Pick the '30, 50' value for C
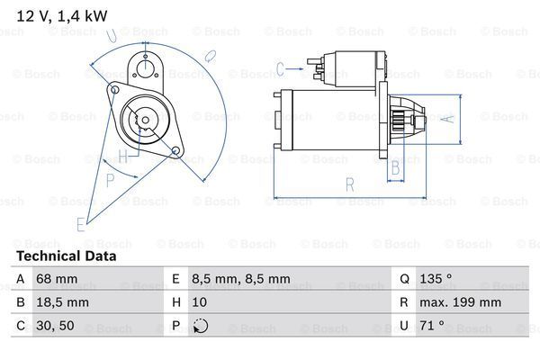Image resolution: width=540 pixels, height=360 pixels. tap(55, 327)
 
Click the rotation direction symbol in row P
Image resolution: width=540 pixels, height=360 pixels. tap(201, 327)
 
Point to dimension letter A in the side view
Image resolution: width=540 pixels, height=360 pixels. tap(453, 118)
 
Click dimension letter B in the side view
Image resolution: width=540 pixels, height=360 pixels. tap(393, 167)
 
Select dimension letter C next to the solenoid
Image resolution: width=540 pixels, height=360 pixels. tap(281, 67)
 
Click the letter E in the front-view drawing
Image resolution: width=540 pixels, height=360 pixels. tap(81, 222)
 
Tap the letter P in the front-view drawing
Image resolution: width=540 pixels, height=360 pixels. tap(111, 180)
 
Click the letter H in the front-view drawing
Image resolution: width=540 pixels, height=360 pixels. tap(121, 155)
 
